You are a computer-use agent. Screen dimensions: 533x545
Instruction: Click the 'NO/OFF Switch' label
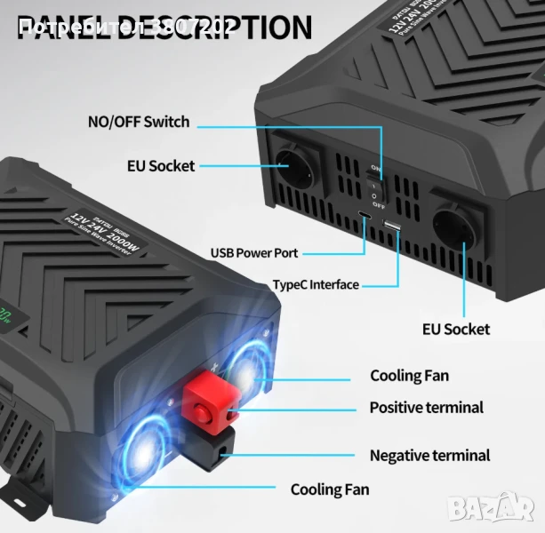click(138, 121)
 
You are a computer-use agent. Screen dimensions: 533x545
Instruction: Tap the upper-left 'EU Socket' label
click(160, 165)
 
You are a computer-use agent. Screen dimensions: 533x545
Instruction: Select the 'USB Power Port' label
click(253, 252)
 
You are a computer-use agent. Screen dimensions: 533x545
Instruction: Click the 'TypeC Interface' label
click(316, 285)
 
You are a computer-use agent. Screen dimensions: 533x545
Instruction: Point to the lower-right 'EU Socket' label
click(455, 329)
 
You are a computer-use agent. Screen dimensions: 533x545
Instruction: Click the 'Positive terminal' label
click(427, 408)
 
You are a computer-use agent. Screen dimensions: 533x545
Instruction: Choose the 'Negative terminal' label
click(429, 455)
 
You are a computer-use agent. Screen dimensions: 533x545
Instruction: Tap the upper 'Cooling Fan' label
click(409, 376)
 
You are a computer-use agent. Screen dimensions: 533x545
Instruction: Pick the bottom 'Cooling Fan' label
click(330, 489)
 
